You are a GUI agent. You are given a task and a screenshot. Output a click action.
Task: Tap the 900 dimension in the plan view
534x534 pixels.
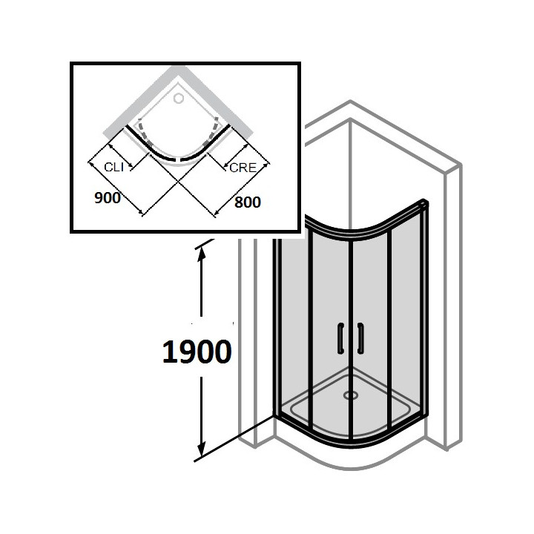point(108,198)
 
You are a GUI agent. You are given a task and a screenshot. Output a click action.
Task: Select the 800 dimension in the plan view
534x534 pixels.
point(248,200)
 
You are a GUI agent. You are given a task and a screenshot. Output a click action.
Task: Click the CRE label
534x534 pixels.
point(243,168)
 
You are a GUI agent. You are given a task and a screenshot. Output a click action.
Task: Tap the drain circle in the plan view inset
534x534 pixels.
point(179,97)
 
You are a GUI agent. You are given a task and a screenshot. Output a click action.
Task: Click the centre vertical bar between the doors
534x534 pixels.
point(350,326)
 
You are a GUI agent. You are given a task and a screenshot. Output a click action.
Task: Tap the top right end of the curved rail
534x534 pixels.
point(425,202)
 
